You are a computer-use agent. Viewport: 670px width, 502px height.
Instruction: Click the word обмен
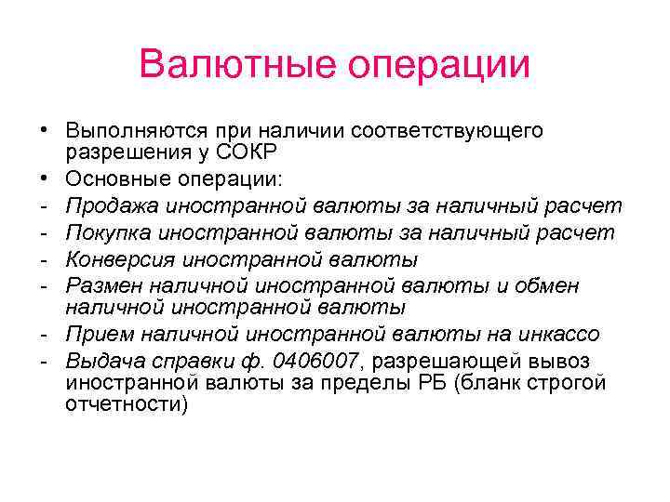tap(547, 285)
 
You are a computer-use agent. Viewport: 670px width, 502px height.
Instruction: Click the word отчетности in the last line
tap(127, 404)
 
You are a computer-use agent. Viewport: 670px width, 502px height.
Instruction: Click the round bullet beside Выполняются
tap(44, 131)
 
